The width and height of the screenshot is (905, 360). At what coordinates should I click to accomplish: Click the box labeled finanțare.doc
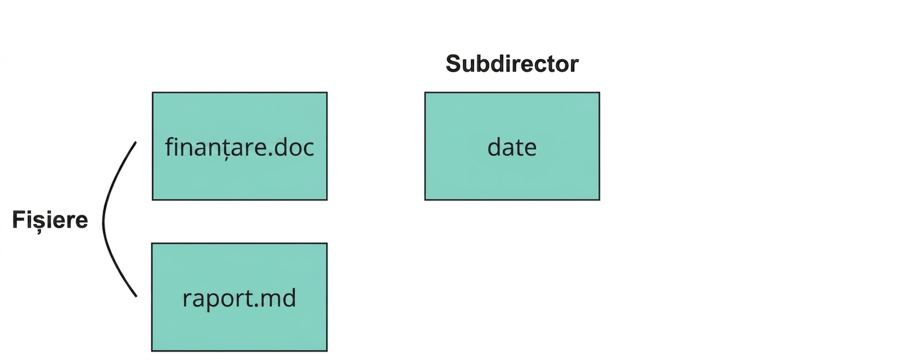coord(240,146)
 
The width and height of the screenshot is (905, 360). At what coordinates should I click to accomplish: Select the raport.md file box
coord(239,297)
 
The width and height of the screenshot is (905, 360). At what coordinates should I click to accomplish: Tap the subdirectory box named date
coord(512,146)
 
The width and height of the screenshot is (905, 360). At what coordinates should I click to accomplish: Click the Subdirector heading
coord(512,64)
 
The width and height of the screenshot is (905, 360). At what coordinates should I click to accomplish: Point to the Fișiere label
coord(50,220)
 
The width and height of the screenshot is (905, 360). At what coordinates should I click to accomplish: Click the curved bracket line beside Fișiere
coord(103,220)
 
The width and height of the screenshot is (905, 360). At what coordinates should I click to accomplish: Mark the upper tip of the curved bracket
coord(136,142)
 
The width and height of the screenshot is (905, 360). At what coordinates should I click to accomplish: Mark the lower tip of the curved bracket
coord(137,296)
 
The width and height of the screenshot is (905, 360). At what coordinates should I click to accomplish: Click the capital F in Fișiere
coord(19,220)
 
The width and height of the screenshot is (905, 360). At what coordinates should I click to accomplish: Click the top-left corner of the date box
coord(425,92)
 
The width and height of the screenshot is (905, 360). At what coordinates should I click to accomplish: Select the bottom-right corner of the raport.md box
coord(327,351)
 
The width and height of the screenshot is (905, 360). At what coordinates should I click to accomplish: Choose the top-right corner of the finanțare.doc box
coord(327,92)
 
